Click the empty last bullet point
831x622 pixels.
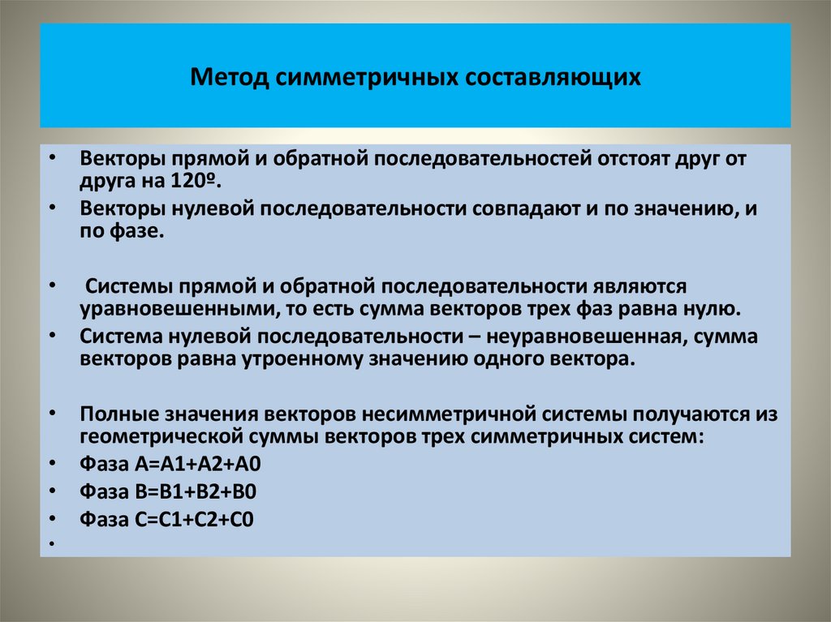pos(51,543)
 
